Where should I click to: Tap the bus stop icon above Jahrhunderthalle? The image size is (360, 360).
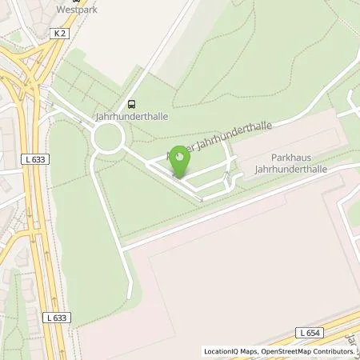click(x=131, y=103)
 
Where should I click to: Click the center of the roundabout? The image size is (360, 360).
click(x=106, y=140)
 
